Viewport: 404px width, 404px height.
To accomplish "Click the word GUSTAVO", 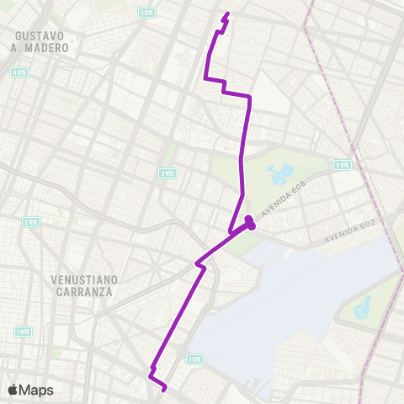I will tap(40, 36).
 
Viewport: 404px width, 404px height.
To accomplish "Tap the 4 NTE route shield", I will tap(19, 72).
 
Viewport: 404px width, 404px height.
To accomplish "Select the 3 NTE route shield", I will tap(167, 173).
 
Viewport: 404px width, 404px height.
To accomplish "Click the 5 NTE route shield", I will tap(342, 165).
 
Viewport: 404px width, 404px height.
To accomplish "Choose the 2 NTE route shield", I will tap(31, 222).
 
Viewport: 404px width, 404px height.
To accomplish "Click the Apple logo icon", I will tap(13, 390).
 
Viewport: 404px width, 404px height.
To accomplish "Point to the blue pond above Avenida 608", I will tap(278, 175).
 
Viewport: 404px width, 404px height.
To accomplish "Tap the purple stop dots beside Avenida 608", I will tap(250, 223).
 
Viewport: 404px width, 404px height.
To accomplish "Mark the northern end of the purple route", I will tap(227, 13).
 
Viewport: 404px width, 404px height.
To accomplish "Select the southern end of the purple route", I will tap(163, 388).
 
